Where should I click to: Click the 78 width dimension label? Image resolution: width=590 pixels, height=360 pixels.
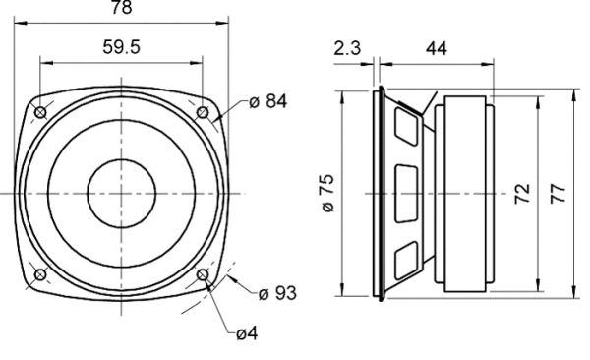(x=122, y=8)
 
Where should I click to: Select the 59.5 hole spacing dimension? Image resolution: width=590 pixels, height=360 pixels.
(x=122, y=47)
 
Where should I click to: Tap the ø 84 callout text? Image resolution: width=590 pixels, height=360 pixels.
(x=267, y=101)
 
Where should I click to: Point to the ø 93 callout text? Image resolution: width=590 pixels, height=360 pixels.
(x=277, y=293)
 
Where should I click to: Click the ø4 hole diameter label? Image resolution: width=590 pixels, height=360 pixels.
(x=247, y=333)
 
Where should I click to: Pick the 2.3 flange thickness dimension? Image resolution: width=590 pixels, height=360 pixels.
(x=347, y=48)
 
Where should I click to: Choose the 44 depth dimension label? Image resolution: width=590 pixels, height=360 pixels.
(x=437, y=48)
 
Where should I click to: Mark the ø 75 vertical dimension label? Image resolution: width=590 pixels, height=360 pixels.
(x=328, y=193)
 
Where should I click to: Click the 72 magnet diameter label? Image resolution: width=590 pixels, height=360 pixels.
(x=522, y=194)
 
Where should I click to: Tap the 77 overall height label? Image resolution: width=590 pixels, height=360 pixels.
(x=558, y=194)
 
